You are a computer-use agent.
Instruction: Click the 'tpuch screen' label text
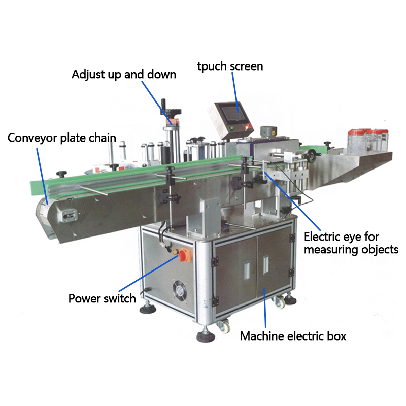click(230, 66)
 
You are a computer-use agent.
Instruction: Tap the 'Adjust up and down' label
click(124, 75)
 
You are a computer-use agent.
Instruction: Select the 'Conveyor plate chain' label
click(61, 138)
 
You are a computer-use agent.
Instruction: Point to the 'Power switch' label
click(102, 298)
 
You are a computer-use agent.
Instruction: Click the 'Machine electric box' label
click(293, 336)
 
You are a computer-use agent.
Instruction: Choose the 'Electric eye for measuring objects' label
click(351, 243)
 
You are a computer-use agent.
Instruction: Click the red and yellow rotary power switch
click(185, 255)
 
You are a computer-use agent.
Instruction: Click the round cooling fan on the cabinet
click(180, 291)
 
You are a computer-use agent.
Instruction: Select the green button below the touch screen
click(232, 127)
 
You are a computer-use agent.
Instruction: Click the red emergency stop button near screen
click(248, 126)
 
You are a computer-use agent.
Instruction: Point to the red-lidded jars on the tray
click(368, 141)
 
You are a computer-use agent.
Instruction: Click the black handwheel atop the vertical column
click(171, 112)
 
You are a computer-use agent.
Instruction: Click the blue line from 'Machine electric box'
click(265, 308)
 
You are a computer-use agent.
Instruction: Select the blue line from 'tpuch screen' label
click(235, 93)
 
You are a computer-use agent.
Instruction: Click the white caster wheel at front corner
click(224, 326)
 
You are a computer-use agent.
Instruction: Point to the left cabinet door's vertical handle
click(247, 270)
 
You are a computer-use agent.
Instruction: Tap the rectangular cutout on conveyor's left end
click(69, 215)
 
